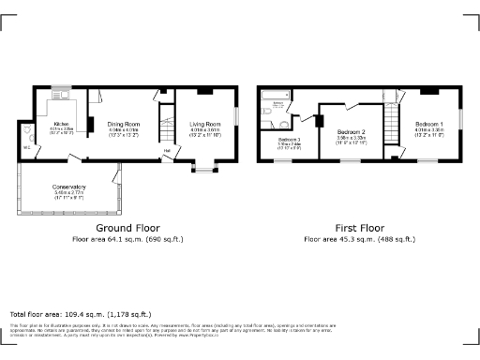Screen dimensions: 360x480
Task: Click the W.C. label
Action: (26, 146)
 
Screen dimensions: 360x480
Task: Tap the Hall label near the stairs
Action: (168, 150)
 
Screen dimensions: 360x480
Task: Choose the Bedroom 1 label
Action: (429, 124)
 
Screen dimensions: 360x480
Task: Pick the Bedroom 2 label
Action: (351, 131)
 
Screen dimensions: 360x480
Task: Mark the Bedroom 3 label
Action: (289, 139)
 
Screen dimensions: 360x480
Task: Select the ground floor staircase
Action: (168, 123)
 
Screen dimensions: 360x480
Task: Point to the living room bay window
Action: (203, 170)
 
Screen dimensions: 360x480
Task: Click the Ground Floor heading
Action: (127, 228)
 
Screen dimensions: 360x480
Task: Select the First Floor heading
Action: (359, 228)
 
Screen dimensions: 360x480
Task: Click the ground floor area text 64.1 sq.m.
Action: (127, 239)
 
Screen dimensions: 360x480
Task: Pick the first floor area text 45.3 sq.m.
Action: (359, 239)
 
